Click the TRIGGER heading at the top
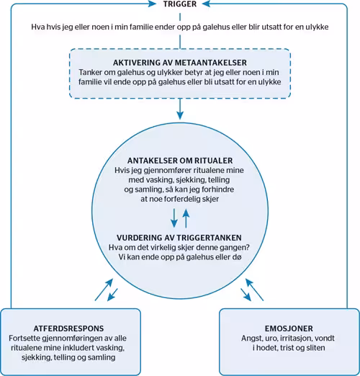[x=180, y=4]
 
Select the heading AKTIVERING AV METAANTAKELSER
[x=180, y=63]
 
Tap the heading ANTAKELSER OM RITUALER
[x=180, y=161]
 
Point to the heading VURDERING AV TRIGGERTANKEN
[x=179, y=238]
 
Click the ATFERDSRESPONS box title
[x=68, y=328]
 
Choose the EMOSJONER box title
[x=289, y=328]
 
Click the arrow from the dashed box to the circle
[x=180, y=109]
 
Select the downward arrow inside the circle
[x=174, y=218]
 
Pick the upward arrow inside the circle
[x=186, y=218]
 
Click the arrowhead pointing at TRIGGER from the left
[x=152, y=4]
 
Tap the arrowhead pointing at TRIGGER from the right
[x=206, y=4]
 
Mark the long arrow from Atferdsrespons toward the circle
[x=104, y=290]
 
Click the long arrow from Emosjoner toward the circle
[x=254, y=290]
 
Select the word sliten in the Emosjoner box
[x=315, y=348]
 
